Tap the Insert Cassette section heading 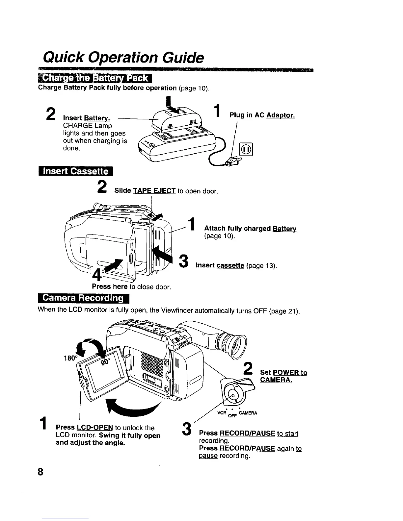point(75,172)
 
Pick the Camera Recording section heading point(84,298)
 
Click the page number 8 point(40,472)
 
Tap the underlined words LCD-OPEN point(95,428)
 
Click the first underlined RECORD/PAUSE point(247,433)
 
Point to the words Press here point(110,286)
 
